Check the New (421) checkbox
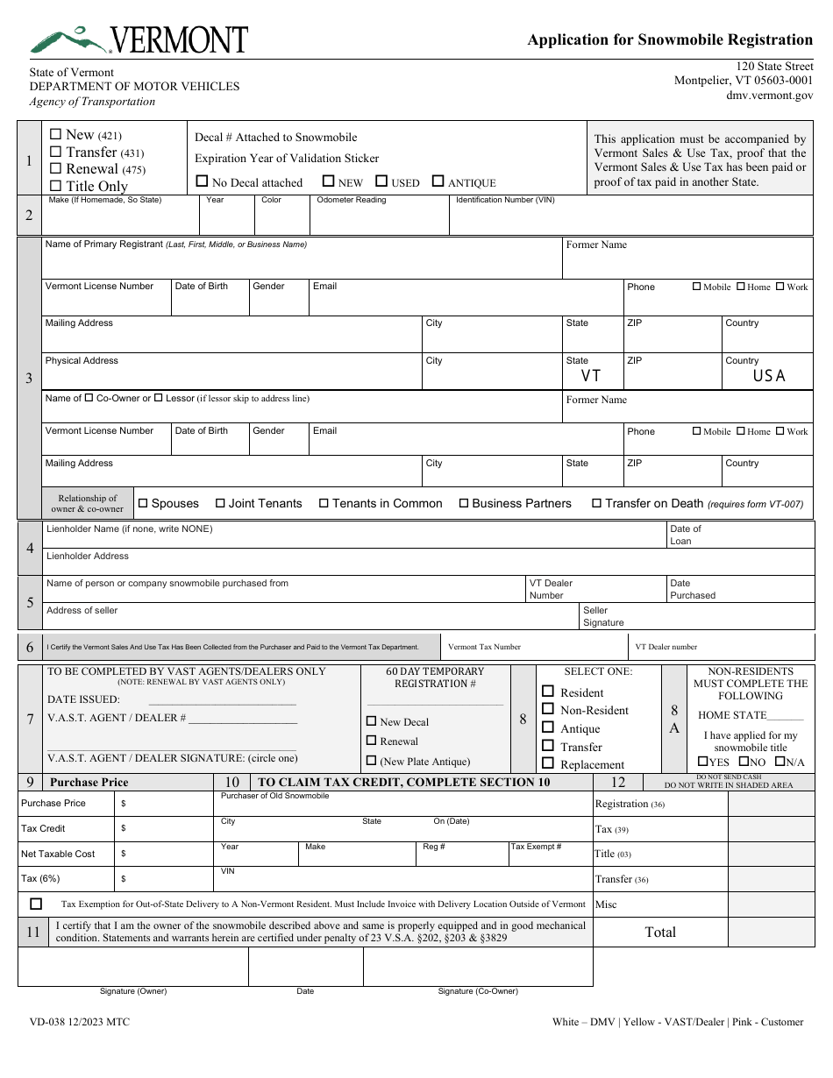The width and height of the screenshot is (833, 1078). (56, 135)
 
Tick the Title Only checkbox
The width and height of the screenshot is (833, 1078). (56, 186)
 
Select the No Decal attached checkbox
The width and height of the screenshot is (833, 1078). (202, 182)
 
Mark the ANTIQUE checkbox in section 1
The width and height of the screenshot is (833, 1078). (438, 182)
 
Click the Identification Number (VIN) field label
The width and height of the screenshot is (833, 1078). (505, 200)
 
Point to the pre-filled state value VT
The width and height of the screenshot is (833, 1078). (591, 376)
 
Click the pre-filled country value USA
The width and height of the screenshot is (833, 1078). (769, 376)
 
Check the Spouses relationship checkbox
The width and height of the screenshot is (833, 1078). (143, 504)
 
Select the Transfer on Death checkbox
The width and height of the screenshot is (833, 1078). (596, 504)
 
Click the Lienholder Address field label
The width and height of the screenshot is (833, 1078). (87, 556)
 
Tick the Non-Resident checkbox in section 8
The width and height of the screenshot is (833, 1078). (548, 709)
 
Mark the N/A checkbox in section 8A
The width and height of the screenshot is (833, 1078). (779, 762)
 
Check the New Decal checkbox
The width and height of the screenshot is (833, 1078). (371, 721)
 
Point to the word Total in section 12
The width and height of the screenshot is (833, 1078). (660, 933)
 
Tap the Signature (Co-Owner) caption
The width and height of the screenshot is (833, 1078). (478, 991)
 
